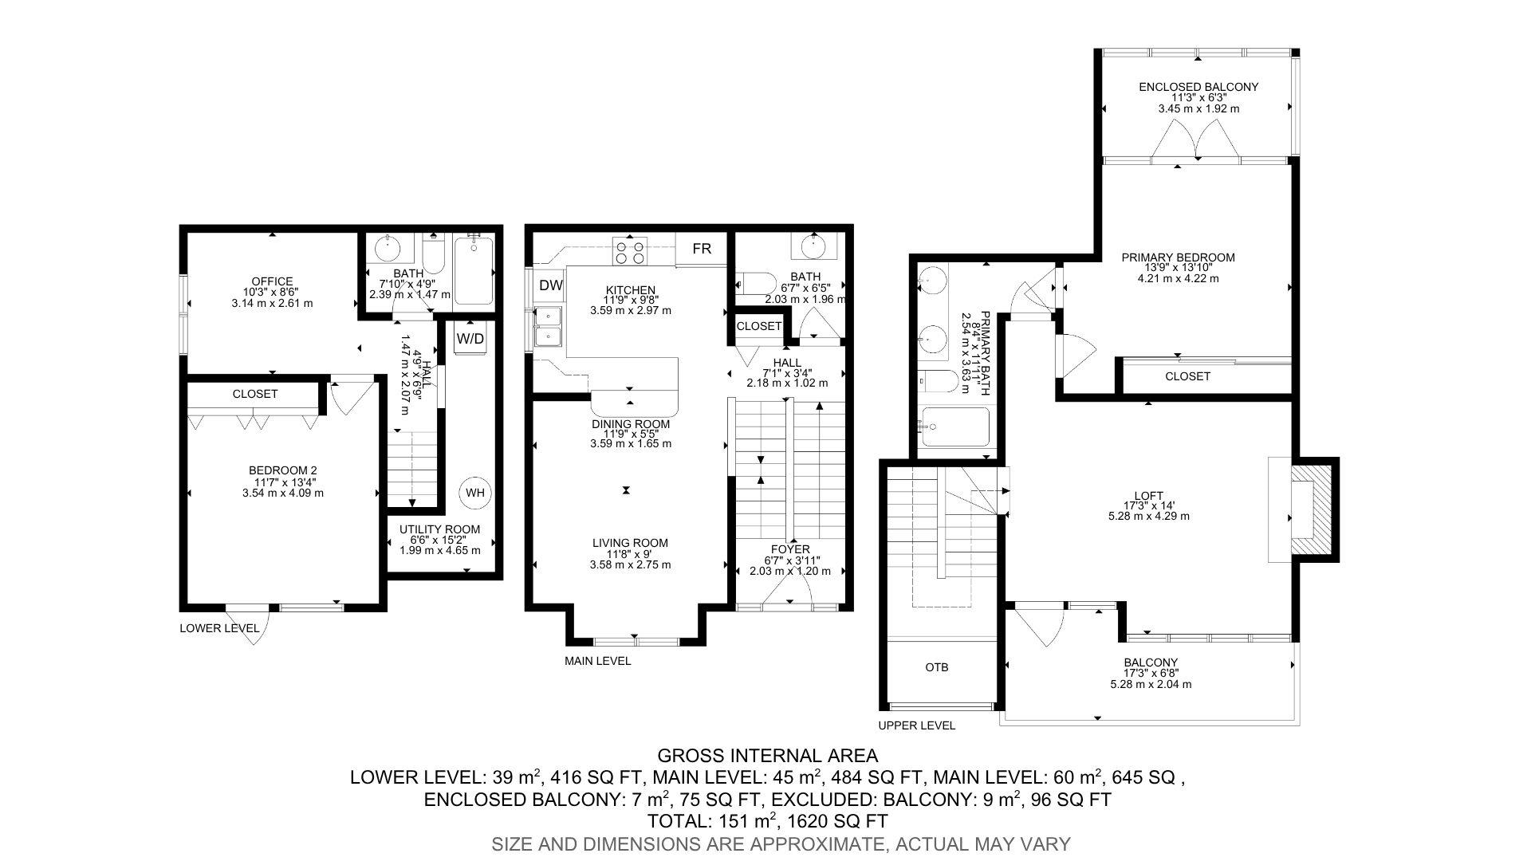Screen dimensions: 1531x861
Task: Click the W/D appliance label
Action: (470, 338)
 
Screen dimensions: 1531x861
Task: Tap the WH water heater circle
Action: (475, 493)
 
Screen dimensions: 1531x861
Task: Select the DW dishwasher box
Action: (550, 285)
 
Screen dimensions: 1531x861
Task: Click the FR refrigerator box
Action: (702, 249)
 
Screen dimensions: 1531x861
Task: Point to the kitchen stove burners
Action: (628, 251)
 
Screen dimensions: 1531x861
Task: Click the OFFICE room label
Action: (273, 281)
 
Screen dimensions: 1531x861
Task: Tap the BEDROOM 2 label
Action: (283, 471)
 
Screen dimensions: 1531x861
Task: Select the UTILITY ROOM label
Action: (440, 529)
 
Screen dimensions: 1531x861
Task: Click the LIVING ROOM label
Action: (630, 543)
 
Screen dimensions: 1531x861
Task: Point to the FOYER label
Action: (790, 549)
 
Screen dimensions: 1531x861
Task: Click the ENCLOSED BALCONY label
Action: (1198, 87)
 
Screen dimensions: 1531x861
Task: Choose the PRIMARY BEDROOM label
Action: (1178, 258)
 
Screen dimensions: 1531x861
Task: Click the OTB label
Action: (937, 667)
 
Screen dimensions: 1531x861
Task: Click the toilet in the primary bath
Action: (938, 382)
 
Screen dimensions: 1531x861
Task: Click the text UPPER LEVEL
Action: (916, 725)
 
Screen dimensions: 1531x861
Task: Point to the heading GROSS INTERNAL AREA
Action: (767, 756)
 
